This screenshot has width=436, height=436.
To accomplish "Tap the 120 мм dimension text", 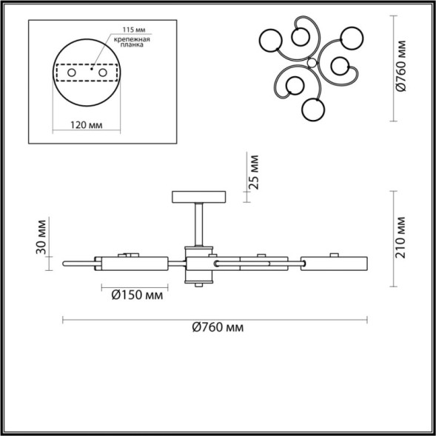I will click(89, 125).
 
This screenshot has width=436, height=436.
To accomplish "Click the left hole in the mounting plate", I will click(73, 75).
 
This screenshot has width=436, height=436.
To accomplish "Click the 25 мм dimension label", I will click(254, 172).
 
